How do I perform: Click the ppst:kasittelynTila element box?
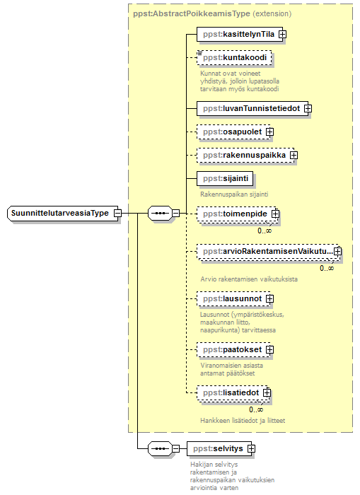click(x=240, y=34)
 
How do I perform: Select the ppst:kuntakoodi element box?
click(x=234, y=58)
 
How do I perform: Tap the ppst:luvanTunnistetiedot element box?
click(x=252, y=109)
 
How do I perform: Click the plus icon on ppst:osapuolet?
click(x=269, y=132)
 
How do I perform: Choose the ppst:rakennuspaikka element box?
click(x=245, y=156)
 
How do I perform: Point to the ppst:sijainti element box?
click(x=225, y=179)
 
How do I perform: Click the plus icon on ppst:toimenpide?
click(x=275, y=214)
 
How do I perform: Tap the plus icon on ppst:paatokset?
click(x=269, y=350)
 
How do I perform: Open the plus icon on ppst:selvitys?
click(x=251, y=448)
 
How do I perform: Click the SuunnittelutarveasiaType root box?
click(x=62, y=214)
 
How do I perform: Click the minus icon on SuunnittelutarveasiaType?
click(x=117, y=214)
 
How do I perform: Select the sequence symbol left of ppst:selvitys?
click(x=160, y=448)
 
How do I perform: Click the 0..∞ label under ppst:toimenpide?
click(x=265, y=231)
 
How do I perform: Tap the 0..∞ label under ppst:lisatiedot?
click(x=256, y=409)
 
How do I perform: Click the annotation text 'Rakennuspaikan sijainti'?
click(x=234, y=194)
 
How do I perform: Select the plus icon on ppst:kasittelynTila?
click(x=283, y=35)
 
